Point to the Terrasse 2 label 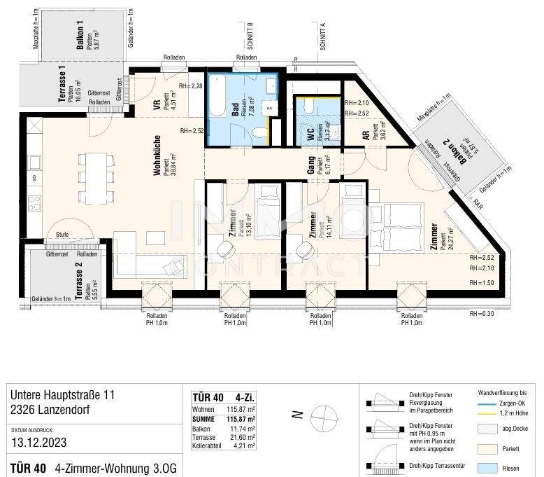[x=80, y=284]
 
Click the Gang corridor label [x=310, y=166]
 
